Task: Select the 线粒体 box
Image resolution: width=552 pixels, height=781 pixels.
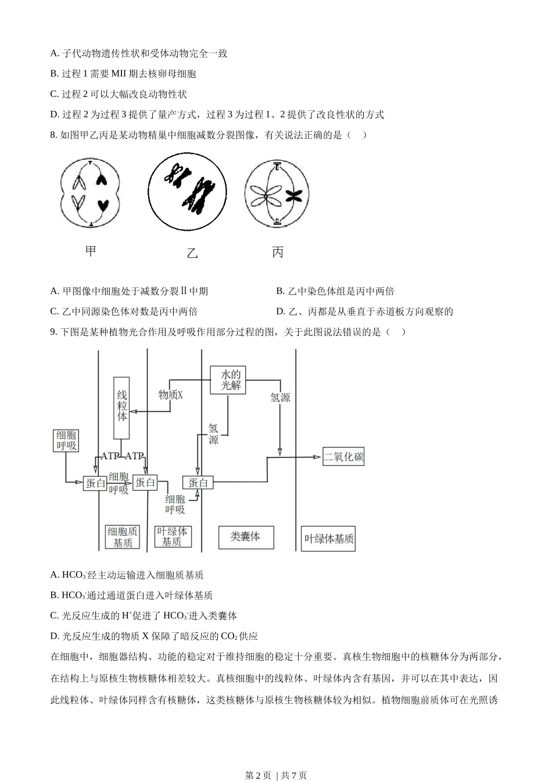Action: coord(121,407)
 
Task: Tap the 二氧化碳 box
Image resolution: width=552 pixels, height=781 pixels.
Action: coord(344,457)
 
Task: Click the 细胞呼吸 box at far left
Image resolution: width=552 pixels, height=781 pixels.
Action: coord(66,440)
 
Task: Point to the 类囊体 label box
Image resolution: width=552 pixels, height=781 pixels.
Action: coord(245,536)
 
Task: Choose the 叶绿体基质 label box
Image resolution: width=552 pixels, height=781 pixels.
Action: coord(329,539)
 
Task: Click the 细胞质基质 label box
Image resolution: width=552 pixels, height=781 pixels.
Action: coord(123,538)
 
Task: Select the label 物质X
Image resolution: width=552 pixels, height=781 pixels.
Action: coord(171,395)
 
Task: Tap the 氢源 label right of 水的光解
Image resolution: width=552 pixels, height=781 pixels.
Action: coord(280,398)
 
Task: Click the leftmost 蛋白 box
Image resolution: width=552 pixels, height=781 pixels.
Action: coord(96,483)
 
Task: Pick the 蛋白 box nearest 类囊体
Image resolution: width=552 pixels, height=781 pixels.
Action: coord(198,482)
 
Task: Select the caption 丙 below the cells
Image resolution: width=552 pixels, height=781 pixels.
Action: coord(278,252)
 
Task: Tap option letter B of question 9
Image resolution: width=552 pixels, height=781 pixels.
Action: coord(54,595)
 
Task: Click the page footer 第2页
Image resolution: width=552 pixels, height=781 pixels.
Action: coord(259,775)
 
